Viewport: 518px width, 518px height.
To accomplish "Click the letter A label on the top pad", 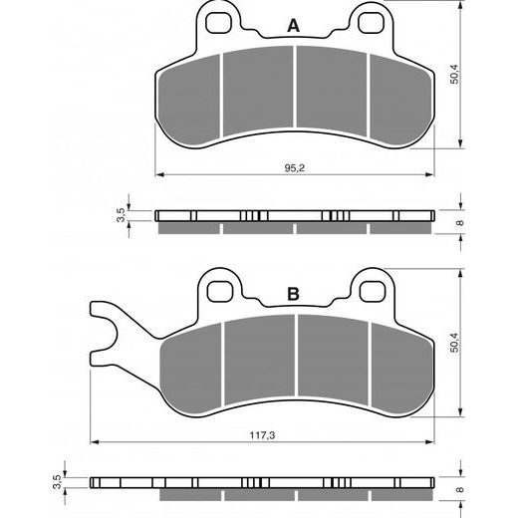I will (293, 26).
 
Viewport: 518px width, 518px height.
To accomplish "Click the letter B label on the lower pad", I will (293, 294).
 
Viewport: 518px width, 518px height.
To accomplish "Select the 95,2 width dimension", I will (296, 168).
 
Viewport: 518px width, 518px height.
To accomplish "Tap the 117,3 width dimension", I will (261, 433).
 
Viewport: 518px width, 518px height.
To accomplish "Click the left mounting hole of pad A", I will (218, 21).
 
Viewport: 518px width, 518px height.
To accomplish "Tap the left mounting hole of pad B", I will (220, 289).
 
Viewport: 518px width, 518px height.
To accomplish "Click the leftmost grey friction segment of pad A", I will (191, 100).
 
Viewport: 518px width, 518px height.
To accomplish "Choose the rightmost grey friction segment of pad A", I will (397, 100).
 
